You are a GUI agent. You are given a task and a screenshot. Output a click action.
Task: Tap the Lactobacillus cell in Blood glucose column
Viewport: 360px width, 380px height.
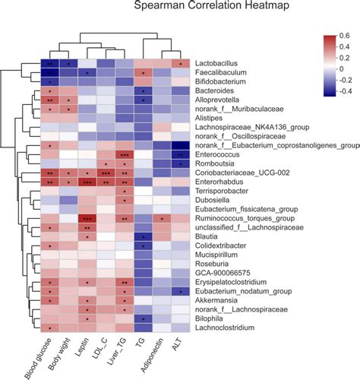pyautogui.click(x=49, y=64)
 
